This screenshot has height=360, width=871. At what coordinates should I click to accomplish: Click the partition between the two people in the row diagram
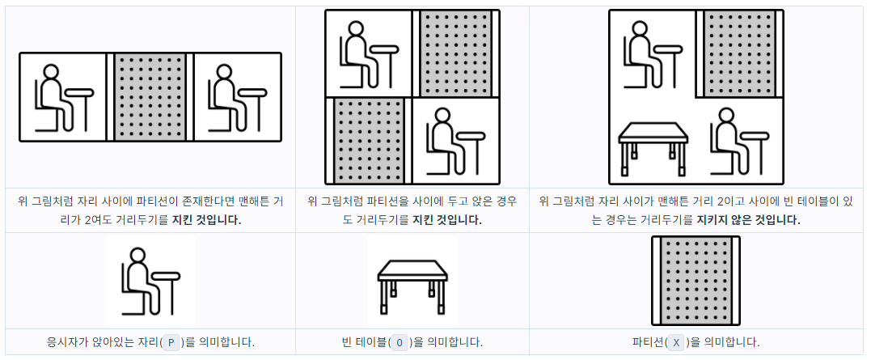150,97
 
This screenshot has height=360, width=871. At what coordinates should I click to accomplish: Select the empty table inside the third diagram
653,148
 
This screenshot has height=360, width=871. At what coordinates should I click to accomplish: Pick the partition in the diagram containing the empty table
740,54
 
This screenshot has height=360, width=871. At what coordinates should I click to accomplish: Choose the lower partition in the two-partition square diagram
369,141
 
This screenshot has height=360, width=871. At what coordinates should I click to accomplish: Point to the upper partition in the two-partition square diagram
456,54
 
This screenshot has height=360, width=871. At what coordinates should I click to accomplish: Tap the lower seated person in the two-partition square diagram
455,141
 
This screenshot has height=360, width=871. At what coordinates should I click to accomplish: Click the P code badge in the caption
171,342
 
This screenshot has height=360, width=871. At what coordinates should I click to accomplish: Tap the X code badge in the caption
675,342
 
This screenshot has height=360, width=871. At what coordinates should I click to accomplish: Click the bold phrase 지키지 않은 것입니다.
749,220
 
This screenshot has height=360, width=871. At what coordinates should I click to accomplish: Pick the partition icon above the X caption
696,281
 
